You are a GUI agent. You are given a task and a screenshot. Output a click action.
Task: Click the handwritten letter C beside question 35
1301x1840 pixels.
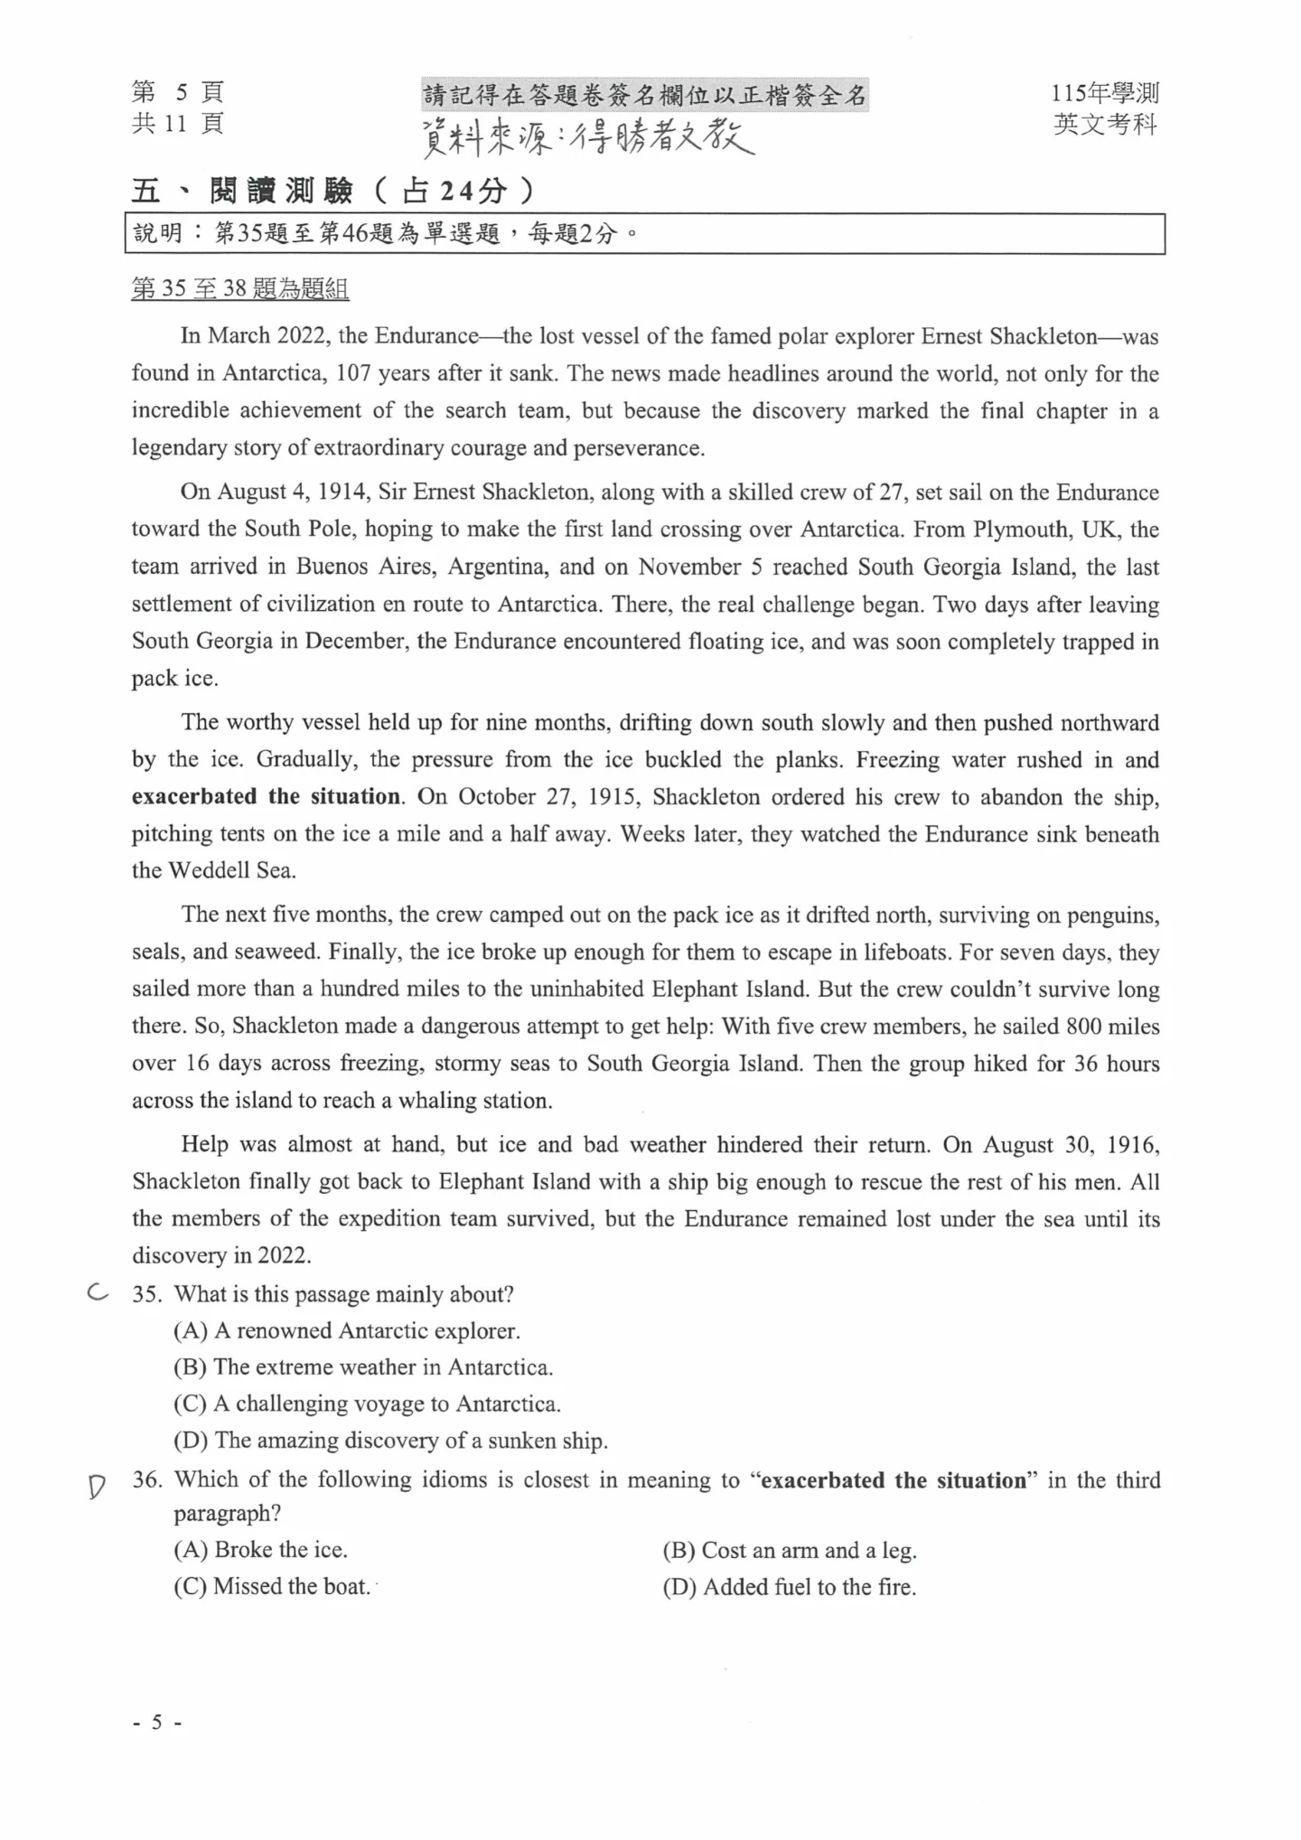98,1293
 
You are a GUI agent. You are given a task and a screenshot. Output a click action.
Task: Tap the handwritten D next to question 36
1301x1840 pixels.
97,1486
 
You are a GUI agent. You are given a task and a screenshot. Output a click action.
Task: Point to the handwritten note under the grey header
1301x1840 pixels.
588,136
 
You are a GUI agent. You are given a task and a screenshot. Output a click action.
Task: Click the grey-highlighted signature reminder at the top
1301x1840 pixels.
645,95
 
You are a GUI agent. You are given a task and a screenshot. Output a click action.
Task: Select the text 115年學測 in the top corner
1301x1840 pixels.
1104,92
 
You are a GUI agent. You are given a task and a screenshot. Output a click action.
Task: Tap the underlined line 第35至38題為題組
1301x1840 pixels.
240,289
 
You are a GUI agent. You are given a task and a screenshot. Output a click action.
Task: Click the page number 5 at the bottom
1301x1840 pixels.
157,1723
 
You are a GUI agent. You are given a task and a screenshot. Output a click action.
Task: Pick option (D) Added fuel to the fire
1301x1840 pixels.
789,1587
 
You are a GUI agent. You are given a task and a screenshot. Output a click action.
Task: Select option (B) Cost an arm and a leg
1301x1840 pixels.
789,1550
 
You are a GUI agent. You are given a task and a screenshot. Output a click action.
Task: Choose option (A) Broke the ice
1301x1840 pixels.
260,1550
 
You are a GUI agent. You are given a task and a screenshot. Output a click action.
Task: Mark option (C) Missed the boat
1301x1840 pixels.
272,1587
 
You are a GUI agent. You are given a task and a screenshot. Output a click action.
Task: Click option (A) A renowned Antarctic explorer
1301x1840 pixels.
347,1330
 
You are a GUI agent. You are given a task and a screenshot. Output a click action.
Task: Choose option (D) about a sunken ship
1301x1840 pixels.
390,1441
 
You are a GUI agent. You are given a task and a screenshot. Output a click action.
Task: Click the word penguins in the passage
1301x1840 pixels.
1113,915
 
